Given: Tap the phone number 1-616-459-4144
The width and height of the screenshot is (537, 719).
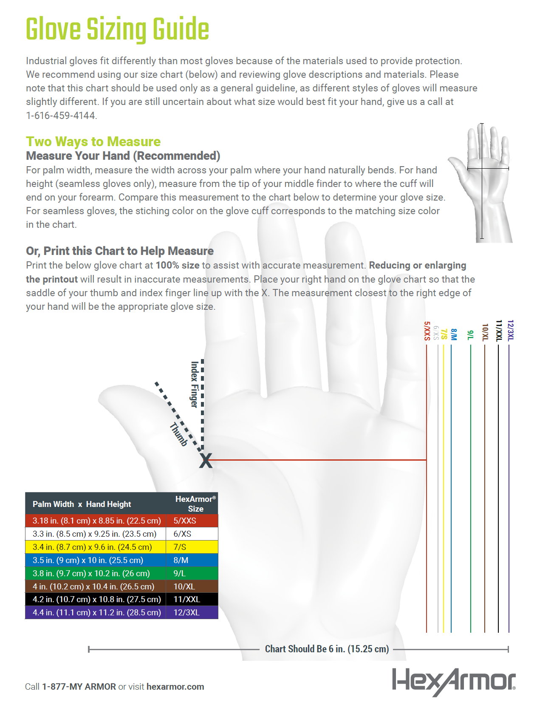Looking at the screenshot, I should point(61,116).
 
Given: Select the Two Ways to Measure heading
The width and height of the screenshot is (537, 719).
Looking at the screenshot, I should point(93,142).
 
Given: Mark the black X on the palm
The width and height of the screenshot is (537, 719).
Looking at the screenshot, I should point(206,461).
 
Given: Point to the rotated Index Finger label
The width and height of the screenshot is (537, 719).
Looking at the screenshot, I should point(194,384).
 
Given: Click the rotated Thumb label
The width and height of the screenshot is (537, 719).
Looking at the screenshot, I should point(178,434).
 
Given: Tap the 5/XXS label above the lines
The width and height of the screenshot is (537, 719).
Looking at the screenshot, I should point(427,331).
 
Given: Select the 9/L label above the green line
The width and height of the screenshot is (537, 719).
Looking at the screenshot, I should point(470,335).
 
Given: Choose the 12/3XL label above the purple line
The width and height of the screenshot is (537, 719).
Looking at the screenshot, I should point(510,330).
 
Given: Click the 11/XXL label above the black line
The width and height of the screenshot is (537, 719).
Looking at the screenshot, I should point(499,331).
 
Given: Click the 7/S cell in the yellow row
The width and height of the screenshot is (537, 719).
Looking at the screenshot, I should point(180,547).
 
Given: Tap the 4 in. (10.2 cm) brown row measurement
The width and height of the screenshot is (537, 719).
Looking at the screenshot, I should point(93,586).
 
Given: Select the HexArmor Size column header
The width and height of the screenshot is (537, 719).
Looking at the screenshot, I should point(195,504).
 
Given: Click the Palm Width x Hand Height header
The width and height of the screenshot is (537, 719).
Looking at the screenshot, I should point(82,504).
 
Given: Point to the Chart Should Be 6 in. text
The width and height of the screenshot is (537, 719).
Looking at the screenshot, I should point(327,649).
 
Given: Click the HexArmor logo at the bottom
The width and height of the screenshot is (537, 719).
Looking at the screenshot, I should point(453,682).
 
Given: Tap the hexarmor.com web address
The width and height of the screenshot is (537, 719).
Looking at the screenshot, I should point(175,687).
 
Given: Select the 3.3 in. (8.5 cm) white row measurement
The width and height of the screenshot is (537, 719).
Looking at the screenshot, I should point(94,534).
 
